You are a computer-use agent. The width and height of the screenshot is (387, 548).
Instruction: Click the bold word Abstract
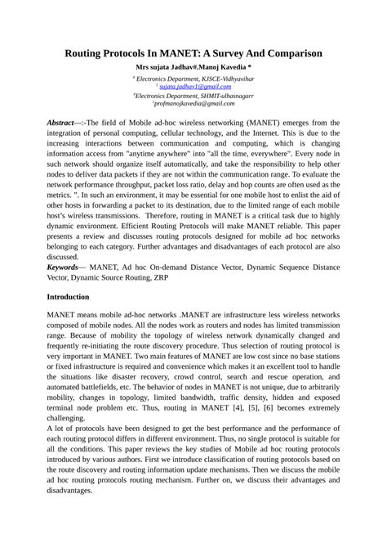pos(61,122)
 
